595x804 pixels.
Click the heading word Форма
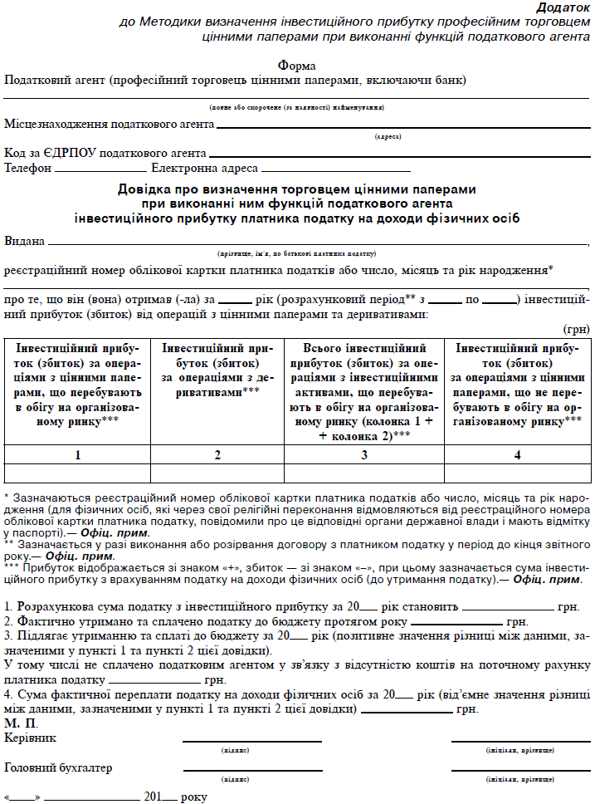click(297, 66)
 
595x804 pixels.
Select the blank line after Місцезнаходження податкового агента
click(402, 127)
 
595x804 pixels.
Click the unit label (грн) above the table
click(576, 329)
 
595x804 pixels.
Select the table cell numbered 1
click(77, 454)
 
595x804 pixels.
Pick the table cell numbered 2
click(217, 454)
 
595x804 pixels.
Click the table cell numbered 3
click(364, 454)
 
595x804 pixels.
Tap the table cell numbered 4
click(517, 454)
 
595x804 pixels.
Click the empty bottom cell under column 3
click(364, 473)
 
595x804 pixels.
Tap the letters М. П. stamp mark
click(22, 723)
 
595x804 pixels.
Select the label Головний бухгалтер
click(58, 767)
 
